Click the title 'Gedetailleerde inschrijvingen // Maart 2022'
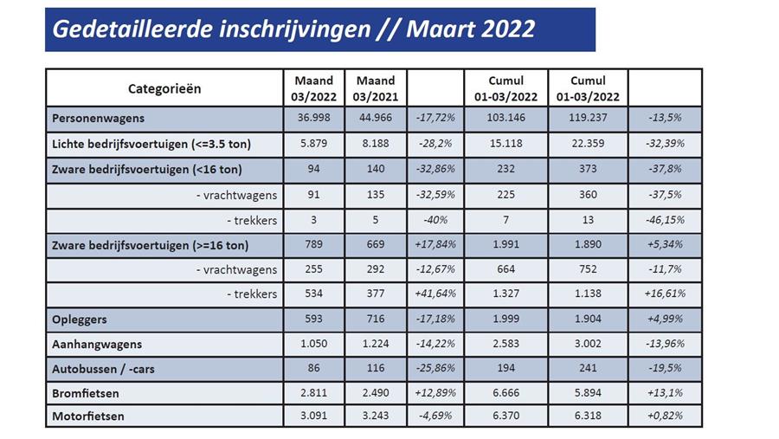click(293, 29)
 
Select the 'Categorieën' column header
click(164, 88)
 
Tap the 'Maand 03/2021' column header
click(375, 88)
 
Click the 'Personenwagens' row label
click(98, 118)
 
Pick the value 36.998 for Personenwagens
click(314, 118)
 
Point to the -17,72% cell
click(435, 118)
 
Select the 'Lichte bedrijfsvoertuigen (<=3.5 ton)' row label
click(142, 144)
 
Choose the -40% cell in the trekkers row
click(435, 220)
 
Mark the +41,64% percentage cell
click(435, 294)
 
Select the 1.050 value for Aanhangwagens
click(314, 344)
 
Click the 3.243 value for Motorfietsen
click(375, 416)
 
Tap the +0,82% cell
click(665, 416)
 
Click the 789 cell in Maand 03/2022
click(314, 245)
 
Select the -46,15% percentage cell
click(665, 220)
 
